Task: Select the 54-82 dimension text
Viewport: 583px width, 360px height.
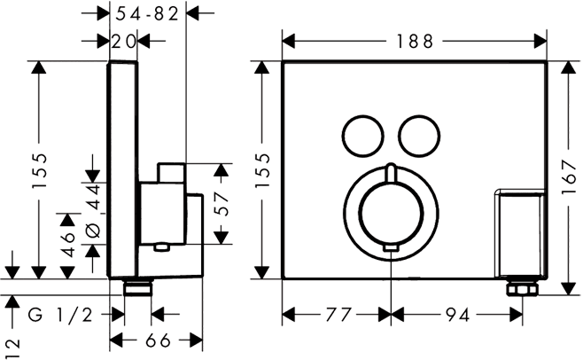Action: pyautogui.click(x=148, y=12)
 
